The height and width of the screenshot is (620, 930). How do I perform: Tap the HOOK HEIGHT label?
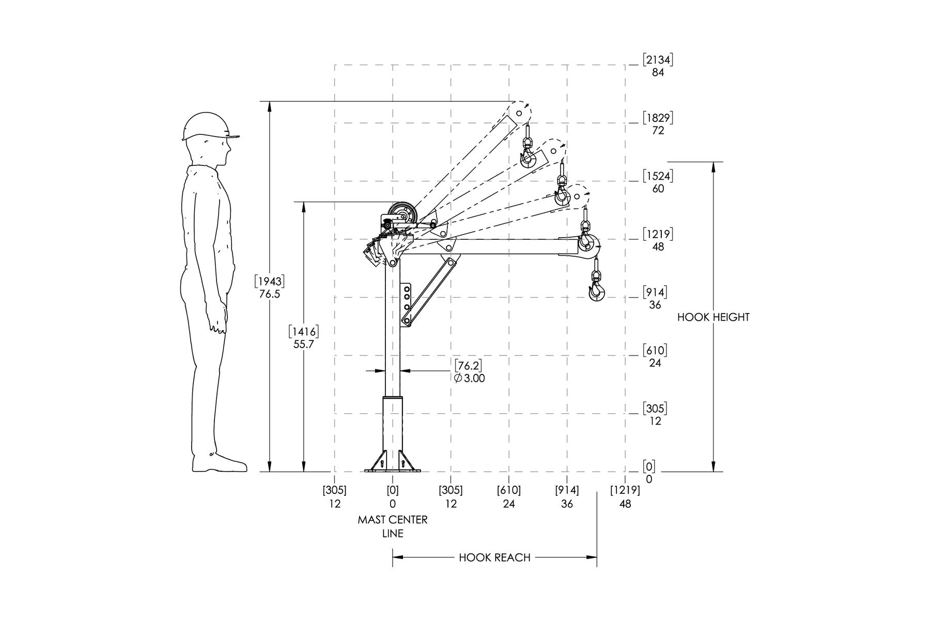713,317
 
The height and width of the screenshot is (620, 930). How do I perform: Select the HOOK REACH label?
494,557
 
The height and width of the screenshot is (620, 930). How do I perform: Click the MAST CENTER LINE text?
393,526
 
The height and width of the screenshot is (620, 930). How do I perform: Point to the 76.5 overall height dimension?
269,294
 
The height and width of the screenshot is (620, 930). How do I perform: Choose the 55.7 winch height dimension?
304,344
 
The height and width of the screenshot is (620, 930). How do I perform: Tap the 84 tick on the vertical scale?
657,73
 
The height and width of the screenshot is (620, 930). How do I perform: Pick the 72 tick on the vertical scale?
657,131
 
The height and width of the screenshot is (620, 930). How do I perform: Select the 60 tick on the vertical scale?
658,189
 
